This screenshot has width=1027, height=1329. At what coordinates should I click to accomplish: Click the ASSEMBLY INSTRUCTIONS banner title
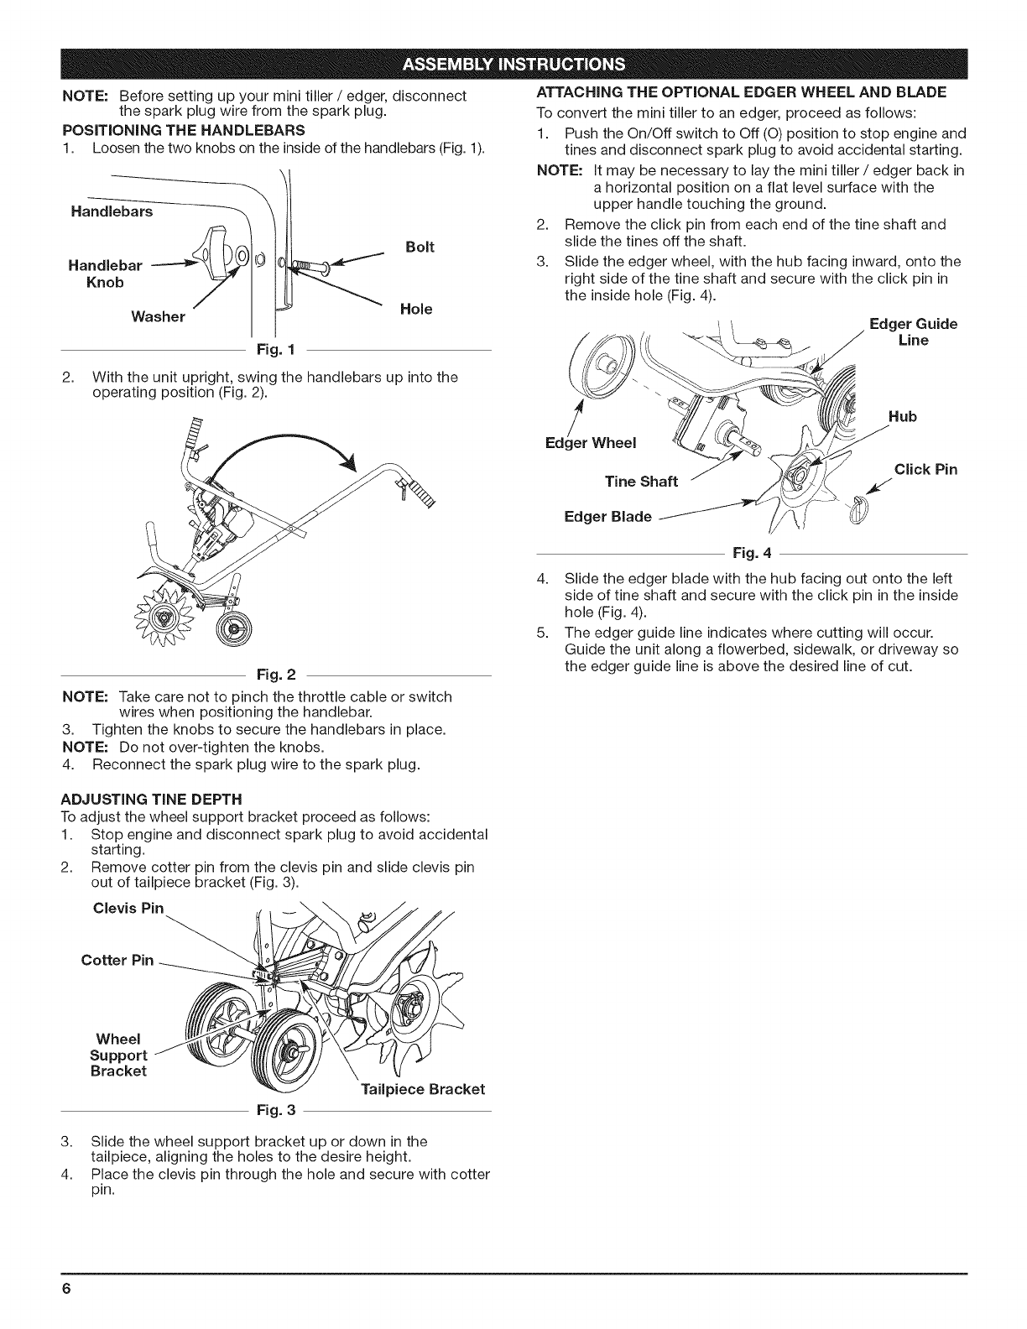coord(513,64)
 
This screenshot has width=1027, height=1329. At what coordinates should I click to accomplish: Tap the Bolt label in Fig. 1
coord(419,248)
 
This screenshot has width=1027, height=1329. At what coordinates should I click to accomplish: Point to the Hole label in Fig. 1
coord(416,309)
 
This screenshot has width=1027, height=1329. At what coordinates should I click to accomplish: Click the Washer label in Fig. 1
coord(158,316)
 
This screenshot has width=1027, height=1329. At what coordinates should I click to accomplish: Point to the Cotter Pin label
coord(117,960)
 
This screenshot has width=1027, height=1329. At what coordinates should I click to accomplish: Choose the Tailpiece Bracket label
coord(423,1089)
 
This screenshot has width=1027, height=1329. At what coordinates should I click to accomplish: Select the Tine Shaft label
coord(641,481)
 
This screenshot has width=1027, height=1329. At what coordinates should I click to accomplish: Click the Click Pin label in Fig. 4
coord(925,469)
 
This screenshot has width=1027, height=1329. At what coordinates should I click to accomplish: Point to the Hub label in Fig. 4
coord(903,417)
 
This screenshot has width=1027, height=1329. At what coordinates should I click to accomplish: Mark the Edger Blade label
coord(607,516)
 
